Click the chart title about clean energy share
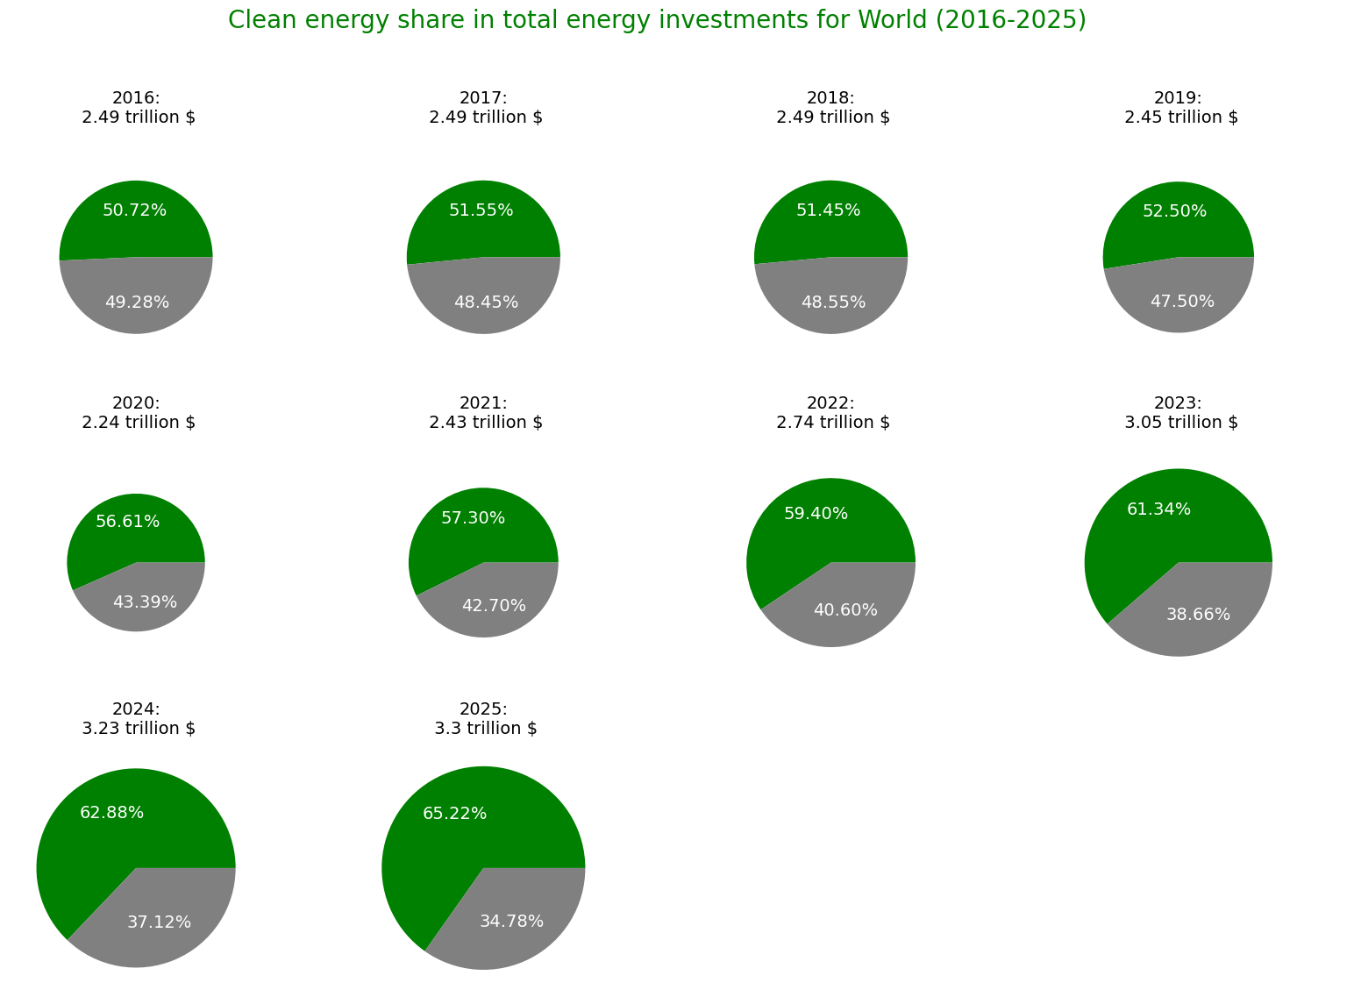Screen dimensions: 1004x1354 (x=657, y=20)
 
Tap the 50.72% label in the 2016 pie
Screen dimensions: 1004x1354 (x=134, y=210)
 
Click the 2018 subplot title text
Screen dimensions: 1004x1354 (x=832, y=108)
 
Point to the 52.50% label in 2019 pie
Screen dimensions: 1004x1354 (x=1174, y=211)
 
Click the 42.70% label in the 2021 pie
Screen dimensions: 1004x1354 (x=494, y=606)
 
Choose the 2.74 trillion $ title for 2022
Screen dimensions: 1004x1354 (x=832, y=423)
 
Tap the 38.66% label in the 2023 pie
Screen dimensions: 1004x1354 (x=1198, y=615)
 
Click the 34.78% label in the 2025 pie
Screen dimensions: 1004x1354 (x=511, y=922)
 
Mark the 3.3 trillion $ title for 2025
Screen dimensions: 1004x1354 (x=485, y=728)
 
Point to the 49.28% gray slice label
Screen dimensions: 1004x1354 (x=137, y=303)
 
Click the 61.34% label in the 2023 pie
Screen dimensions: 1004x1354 (x=1158, y=509)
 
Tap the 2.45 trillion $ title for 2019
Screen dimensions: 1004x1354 (x=1180, y=117)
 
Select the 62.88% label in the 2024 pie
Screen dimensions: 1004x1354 (x=111, y=813)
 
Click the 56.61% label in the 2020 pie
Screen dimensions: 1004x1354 (x=127, y=522)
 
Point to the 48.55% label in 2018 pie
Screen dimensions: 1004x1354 (x=833, y=303)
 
